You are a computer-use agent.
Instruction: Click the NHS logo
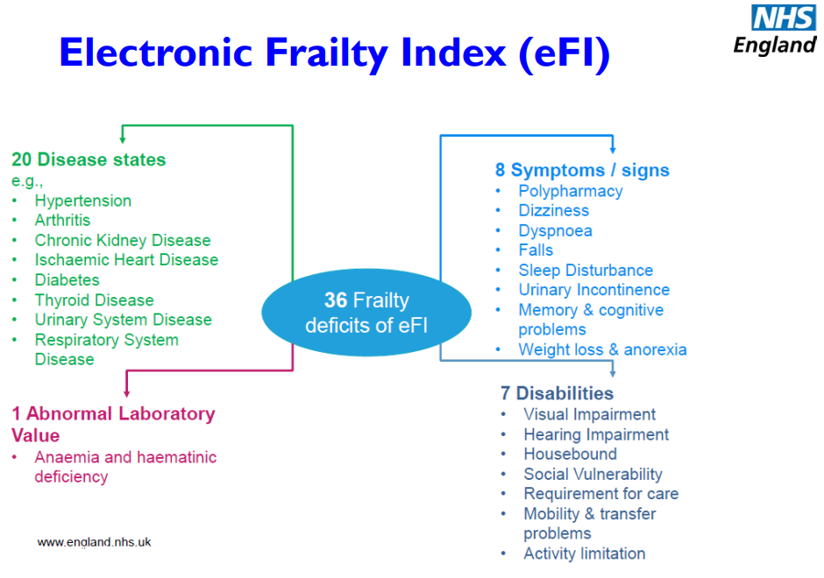click(783, 18)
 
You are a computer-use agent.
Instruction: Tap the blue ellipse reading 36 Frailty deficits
click(366, 313)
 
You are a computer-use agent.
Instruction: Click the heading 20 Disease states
click(89, 159)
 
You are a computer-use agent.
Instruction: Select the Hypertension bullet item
click(83, 201)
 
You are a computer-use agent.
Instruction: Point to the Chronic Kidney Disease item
click(123, 240)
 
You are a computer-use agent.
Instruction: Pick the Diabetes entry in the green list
click(67, 280)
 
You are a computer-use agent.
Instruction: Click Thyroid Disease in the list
click(94, 300)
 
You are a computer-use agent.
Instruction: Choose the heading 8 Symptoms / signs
click(582, 170)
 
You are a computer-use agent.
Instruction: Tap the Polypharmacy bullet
click(570, 191)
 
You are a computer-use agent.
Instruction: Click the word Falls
click(536, 250)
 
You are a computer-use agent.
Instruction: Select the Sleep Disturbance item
click(586, 270)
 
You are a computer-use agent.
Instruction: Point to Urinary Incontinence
click(593, 290)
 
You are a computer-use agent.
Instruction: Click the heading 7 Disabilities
click(557, 393)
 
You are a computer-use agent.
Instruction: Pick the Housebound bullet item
click(570, 454)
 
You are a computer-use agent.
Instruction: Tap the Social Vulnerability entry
click(593, 474)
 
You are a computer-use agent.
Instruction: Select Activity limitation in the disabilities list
click(585, 553)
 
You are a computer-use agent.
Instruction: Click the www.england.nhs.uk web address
click(94, 542)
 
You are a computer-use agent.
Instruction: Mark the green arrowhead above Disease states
click(123, 138)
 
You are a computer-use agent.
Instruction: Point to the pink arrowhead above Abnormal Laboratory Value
click(126, 392)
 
